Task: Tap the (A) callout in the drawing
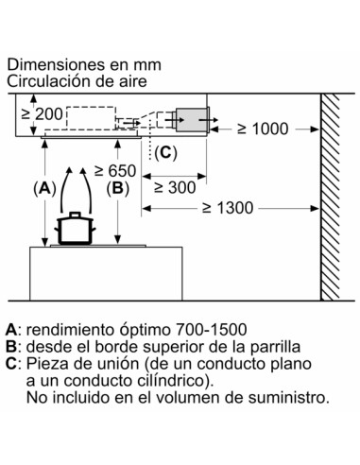click(x=43, y=187)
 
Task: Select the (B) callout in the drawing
click(x=118, y=187)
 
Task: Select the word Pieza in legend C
click(x=46, y=364)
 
